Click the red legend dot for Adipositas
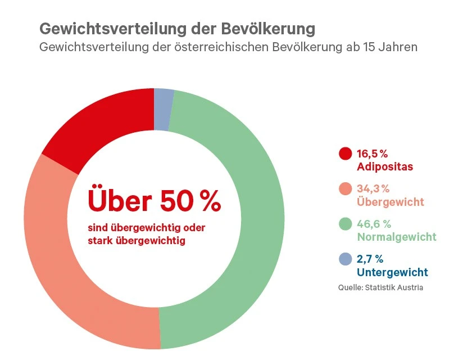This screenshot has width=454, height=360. (346, 154)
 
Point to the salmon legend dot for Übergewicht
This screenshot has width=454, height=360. (346, 188)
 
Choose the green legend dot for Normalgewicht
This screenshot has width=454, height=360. (346, 223)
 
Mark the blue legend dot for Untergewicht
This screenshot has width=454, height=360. (346, 259)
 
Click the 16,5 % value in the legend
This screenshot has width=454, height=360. (373, 154)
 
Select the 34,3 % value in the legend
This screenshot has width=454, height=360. (374, 188)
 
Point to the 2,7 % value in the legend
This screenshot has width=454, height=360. (370, 259)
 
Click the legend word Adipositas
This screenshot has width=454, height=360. (385, 167)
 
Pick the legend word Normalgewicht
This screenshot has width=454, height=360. (397, 237)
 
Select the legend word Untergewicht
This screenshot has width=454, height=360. (392, 272)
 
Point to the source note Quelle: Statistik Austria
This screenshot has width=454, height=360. (380, 287)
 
